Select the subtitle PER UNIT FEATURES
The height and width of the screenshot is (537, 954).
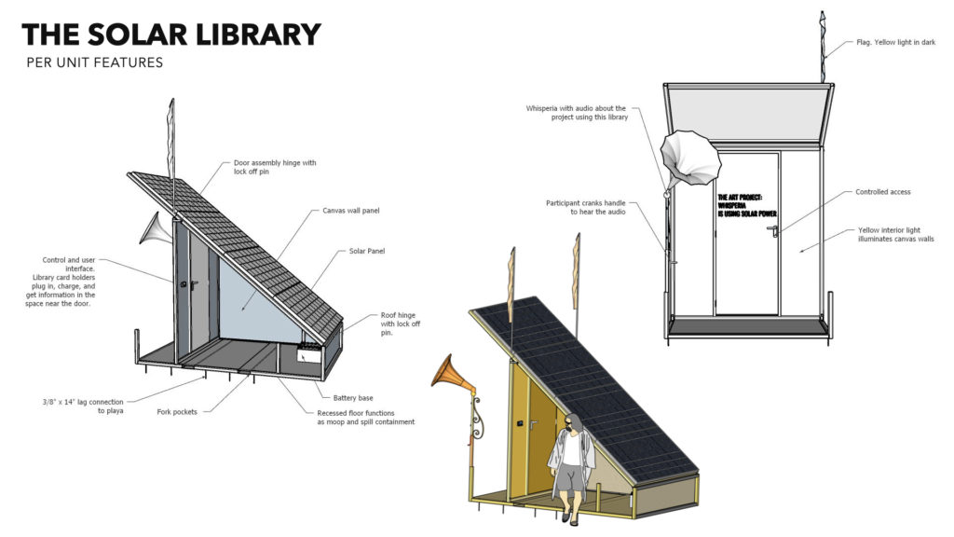pyautogui.click(x=94, y=63)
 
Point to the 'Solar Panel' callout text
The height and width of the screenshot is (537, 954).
pyautogui.click(x=366, y=251)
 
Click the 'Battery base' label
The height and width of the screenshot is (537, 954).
pyautogui.click(x=353, y=397)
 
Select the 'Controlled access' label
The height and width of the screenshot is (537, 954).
pyautogui.click(x=882, y=192)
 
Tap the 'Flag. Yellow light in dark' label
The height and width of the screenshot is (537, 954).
pyautogui.click(x=895, y=42)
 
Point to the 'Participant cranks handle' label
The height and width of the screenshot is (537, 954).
pyautogui.click(x=592, y=207)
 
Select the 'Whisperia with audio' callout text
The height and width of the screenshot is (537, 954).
pyautogui.click(x=577, y=113)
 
